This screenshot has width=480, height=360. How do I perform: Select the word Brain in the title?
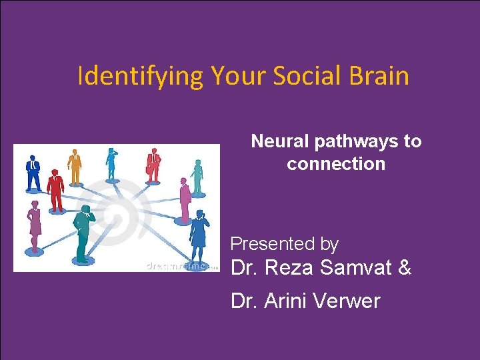381,76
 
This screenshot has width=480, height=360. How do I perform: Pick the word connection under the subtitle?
336,164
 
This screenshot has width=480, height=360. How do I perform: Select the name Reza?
289,269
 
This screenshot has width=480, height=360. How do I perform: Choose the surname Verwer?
349,301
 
